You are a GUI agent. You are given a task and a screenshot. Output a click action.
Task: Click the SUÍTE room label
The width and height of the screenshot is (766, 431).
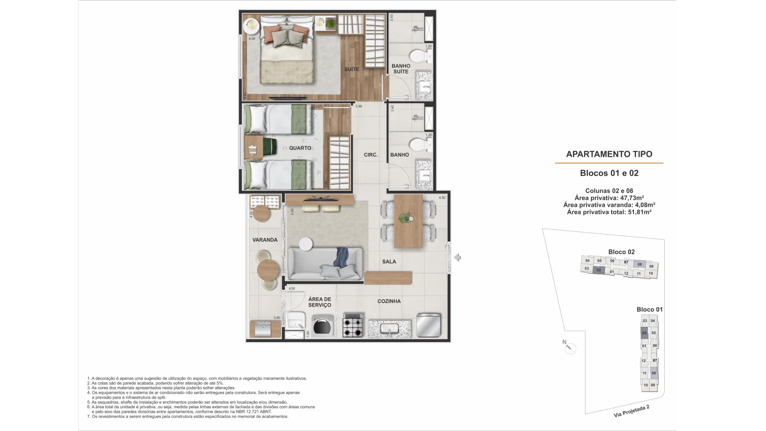[x=351, y=69]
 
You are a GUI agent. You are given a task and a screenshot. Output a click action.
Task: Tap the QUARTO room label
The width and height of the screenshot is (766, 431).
[x=300, y=148]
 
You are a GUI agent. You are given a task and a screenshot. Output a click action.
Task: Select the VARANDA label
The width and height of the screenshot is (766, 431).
[x=265, y=240]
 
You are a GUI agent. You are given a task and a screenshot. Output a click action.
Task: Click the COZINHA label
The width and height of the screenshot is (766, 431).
[x=389, y=301]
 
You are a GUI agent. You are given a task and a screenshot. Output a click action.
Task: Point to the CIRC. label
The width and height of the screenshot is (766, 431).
[x=371, y=154]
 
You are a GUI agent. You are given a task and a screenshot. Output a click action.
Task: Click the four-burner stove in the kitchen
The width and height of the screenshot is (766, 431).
[x=353, y=327]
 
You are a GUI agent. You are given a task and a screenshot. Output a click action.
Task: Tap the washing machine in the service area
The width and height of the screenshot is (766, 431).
[x=322, y=326]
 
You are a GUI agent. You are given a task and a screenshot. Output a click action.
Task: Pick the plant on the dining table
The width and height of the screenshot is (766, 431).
[x=405, y=218]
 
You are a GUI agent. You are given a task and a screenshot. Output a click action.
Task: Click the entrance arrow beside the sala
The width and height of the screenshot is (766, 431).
[x=458, y=257]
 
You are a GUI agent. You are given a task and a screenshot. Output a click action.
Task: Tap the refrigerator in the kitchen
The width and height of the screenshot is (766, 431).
[x=428, y=325]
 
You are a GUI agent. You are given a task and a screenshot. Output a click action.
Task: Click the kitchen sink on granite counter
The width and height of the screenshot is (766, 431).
[x=389, y=329]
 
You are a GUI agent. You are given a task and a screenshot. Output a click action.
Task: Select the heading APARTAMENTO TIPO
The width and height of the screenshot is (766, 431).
[x=609, y=154]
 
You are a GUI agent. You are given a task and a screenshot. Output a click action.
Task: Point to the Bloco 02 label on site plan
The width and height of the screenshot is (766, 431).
[x=621, y=252]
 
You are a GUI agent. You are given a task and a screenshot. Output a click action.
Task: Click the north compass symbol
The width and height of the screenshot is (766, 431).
[x=571, y=348]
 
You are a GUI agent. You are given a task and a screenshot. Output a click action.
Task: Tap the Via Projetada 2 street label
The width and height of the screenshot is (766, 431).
[x=632, y=411]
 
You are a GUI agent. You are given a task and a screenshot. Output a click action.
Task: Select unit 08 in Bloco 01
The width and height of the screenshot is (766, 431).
[x=653, y=373]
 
